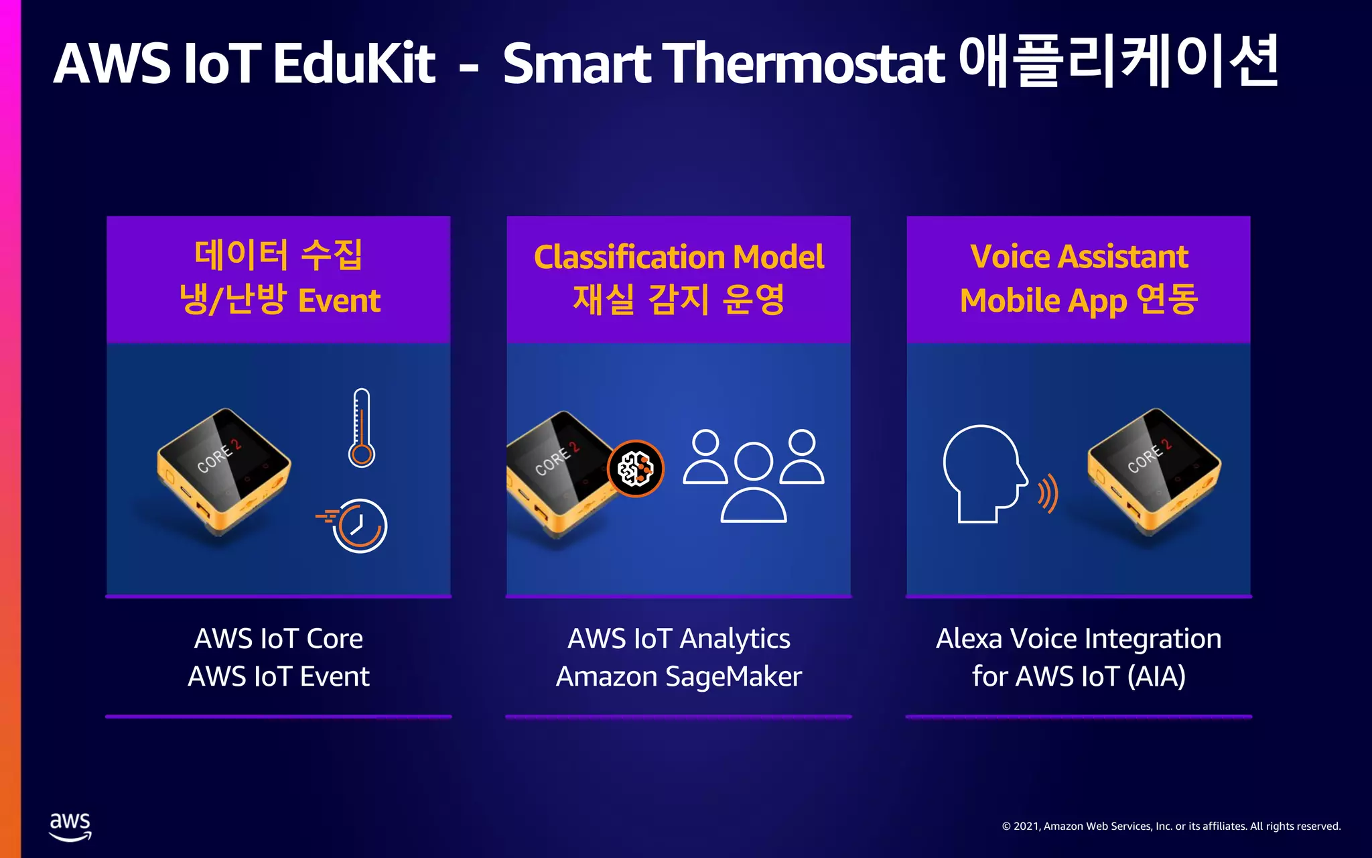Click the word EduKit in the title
coord(354,64)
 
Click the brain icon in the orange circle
coord(636,468)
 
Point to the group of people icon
coord(754,476)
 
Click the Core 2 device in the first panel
coord(223,469)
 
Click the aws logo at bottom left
coord(70,826)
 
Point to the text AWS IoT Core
coord(279,639)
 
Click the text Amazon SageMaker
coord(679,676)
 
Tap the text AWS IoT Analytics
coord(679,639)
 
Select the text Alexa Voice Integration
coord(1079,639)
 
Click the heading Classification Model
coord(679,257)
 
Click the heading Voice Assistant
coord(1079,257)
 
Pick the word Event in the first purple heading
coord(339,301)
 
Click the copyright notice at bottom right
coord(1171,826)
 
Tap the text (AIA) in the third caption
coord(1156,676)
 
